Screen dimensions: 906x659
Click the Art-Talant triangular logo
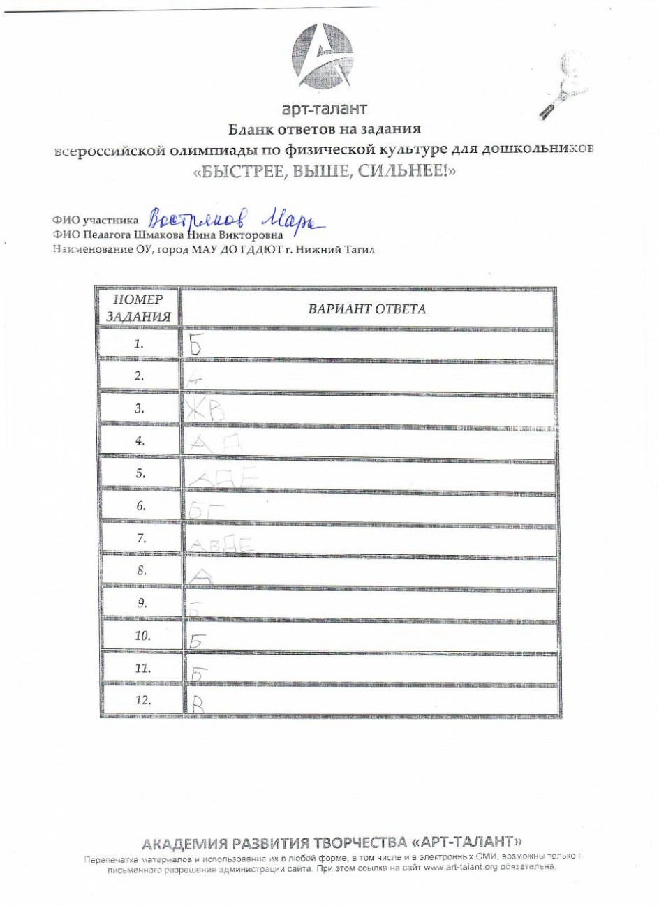tap(324, 57)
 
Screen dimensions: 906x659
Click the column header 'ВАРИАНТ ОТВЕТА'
tap(367, 309)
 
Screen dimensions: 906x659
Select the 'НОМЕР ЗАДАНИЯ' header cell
tap(139, 309)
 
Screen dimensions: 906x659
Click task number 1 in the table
tap(139, 344)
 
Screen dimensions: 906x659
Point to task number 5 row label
tap(140, 473)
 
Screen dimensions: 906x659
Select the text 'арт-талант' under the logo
tap(324, 109)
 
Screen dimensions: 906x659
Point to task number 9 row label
tap(141, 604)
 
